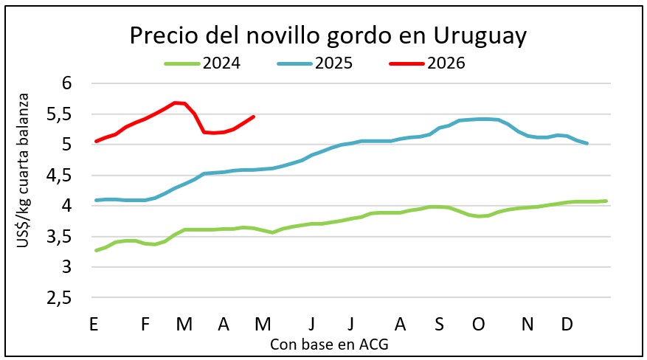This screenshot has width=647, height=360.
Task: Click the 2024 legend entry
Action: (223, 63)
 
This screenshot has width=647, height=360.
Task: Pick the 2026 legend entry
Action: (446, 63)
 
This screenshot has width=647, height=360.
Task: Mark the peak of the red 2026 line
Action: (175, 103)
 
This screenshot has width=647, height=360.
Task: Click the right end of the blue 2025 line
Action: (587, 143)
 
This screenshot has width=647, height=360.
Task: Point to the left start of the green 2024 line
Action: (96, 250)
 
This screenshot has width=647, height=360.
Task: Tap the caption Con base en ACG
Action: (329, 344)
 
